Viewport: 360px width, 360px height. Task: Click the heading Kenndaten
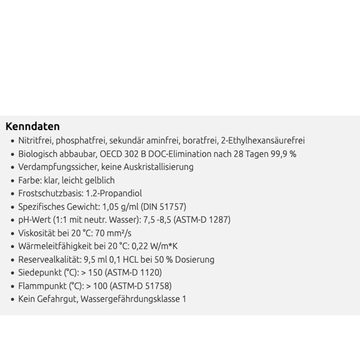pyautogui.click(x=32, y=127)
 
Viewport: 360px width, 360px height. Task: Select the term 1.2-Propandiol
pyautogui.click(x=116, y=194)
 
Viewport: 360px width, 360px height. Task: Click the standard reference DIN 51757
pyautogui.click(x=163, y=207)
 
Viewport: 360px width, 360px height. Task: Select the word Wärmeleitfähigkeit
pyautogui.click(x=52, y=247)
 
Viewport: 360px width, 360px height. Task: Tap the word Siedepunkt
pyautogui.click(x=38, y=273)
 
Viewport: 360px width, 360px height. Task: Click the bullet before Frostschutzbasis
pyautogui.click(x=13, y=194)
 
